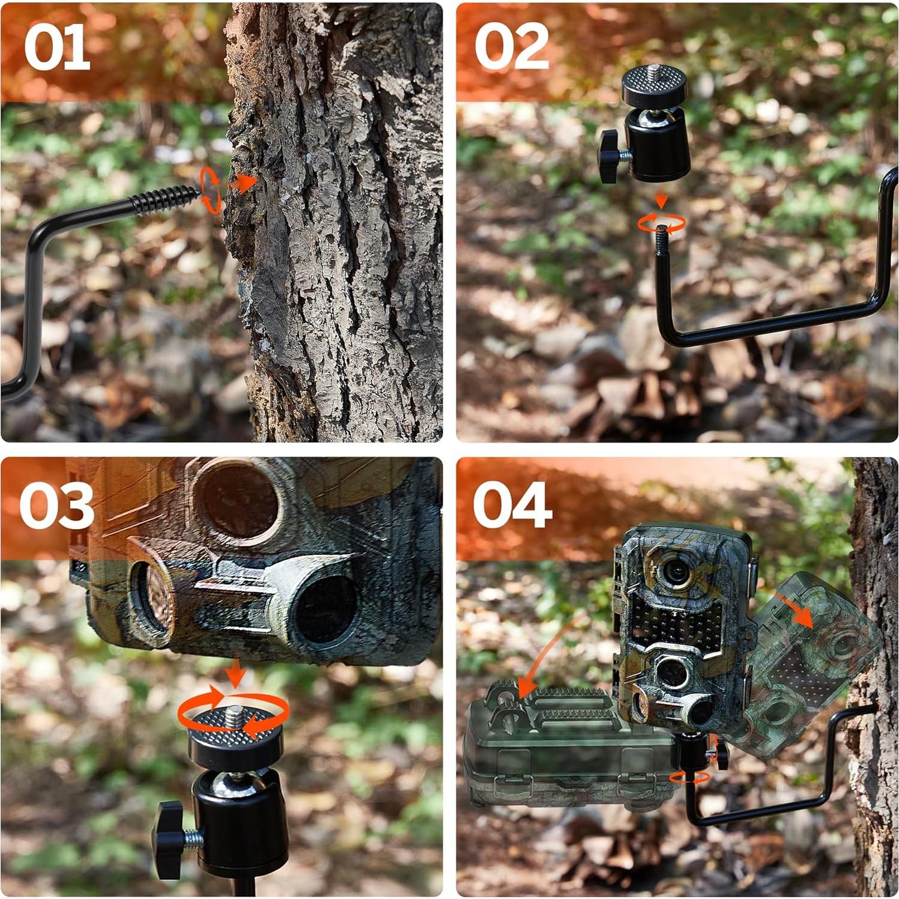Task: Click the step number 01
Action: [x=57, y=48]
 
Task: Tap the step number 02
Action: [x=512, y=47]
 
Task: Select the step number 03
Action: [x=56, y=506]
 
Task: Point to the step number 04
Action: [x=512, y=505]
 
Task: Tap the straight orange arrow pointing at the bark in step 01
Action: [x=244, y=183]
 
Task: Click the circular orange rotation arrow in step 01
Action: [x=210, y=190]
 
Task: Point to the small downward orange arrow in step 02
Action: [x=661, y=199]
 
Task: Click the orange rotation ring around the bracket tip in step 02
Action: [x=661, y=223]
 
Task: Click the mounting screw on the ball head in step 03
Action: [x=235, y=714]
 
